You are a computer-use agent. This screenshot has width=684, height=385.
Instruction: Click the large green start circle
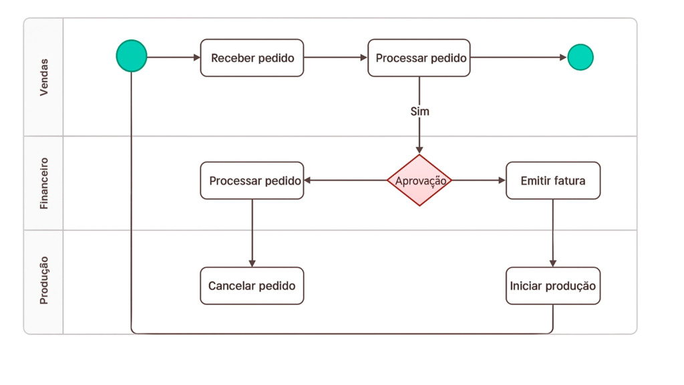point(132,56)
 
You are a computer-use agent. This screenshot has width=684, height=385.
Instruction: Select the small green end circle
point(580,57)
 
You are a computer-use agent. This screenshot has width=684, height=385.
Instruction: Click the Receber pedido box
point(252,58)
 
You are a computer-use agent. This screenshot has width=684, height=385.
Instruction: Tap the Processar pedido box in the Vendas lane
point(420,58)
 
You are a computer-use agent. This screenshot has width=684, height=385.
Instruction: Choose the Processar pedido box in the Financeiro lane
point(252,180)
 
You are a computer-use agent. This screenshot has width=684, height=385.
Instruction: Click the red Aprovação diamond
point(419,180)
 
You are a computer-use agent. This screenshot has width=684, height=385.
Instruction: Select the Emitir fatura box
point(552,180)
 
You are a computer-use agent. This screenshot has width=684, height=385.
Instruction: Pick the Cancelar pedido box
point(252,286)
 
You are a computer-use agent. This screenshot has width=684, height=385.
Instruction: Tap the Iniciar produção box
point(552,286)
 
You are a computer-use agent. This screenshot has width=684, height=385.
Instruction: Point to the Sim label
point(419,111)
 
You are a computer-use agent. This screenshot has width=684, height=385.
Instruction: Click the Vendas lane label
point(44,78)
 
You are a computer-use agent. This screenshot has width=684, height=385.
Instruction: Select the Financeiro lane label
point(44,183)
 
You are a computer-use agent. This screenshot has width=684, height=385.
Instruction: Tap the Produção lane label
point(44,280)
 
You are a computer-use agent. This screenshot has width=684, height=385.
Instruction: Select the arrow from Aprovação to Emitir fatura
point(478,180)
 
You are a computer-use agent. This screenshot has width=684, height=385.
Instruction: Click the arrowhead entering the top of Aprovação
point(419,150)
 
